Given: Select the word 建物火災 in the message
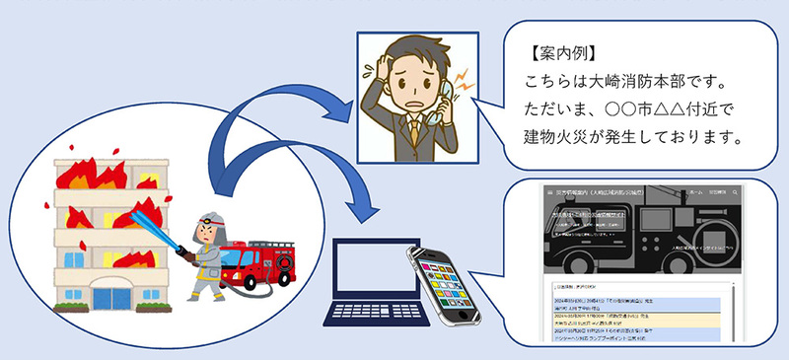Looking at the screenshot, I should tap(554, 133).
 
